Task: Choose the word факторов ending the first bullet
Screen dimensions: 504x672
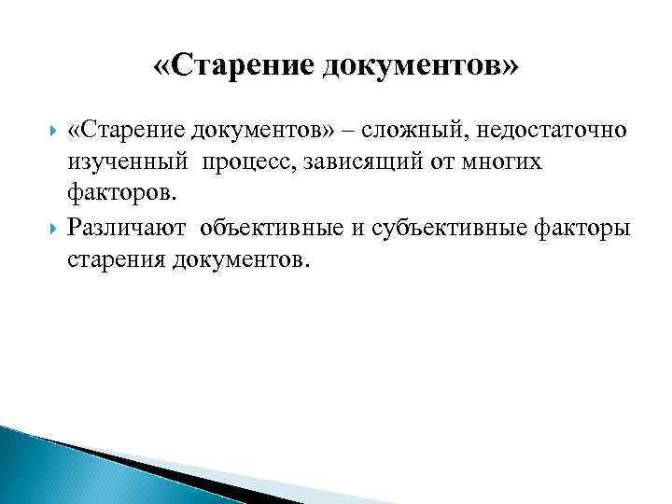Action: (x=120, y=195)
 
